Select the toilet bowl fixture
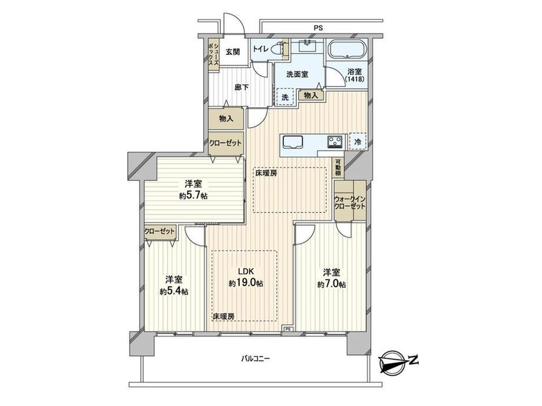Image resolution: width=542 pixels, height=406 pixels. coord(279,49)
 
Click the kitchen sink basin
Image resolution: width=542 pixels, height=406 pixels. coord(293,142)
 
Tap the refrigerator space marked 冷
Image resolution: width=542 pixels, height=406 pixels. coord(358,142)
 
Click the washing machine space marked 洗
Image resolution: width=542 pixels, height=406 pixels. coord(285,97)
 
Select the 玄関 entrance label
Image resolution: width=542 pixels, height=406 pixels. coord(233,52)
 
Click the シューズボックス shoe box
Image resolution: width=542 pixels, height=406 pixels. coord(214,55)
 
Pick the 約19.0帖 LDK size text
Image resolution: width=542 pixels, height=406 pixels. coord(246,284)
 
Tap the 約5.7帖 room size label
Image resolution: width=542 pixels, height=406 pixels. coord(193,196)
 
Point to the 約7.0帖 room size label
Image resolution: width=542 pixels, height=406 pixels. coord(332,284)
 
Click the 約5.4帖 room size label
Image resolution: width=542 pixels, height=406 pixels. coord(174,291)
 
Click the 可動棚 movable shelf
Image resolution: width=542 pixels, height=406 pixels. coord(338,168)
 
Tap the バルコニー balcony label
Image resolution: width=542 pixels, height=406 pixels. coord(256,359)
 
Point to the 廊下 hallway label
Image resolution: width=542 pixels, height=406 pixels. coord(242,88)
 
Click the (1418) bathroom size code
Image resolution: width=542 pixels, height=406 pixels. coord(355,79)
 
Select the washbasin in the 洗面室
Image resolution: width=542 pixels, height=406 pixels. coord(306,45)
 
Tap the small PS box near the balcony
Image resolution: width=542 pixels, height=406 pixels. coord(288,329)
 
